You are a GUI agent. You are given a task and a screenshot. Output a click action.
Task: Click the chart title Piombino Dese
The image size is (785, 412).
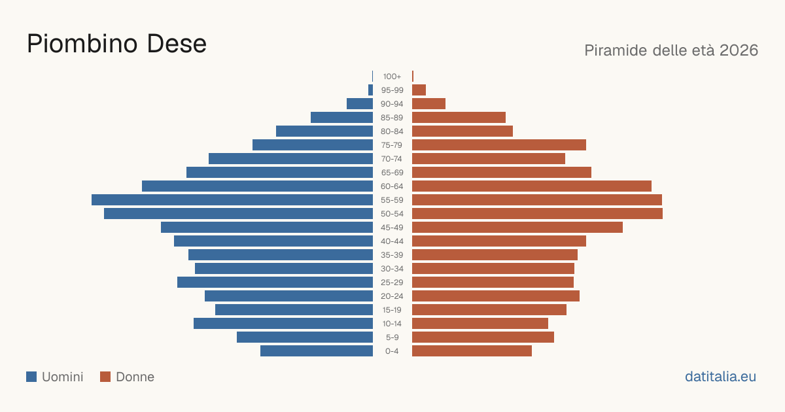[116, 44]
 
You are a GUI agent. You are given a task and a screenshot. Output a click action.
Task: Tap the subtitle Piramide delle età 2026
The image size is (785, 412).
[671, 50]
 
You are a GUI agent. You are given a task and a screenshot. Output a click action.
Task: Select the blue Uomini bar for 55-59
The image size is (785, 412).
[232, 199]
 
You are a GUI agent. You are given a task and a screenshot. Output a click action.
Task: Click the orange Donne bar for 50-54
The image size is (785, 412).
[537, 214]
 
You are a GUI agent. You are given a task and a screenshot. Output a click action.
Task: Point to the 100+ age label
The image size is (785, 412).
[392, 77]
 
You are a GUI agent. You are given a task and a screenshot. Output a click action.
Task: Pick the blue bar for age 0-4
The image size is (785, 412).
[317, 351]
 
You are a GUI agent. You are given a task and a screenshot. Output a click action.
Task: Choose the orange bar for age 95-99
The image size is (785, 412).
[419, 90]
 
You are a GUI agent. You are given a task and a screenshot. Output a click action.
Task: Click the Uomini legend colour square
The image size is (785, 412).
[31, 377]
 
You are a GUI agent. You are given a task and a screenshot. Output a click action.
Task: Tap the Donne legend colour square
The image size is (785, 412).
[105, 377]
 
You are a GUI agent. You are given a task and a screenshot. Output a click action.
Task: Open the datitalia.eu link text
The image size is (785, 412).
[720, 377]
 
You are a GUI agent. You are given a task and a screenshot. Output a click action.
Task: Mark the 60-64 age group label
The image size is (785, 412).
[392, 186]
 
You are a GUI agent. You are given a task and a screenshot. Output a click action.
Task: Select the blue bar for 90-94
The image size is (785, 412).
[360, 104]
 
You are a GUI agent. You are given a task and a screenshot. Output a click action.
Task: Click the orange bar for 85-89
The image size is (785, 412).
[459, 117]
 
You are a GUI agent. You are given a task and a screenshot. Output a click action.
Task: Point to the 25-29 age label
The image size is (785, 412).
[392, 283]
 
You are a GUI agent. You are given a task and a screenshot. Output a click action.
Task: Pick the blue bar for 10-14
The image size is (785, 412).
[283, 323]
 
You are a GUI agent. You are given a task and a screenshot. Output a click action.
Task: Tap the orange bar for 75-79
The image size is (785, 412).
[499, 145]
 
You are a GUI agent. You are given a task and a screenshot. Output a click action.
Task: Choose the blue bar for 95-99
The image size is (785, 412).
[370, 90]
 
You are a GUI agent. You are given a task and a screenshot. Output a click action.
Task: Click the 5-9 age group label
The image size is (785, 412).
[392, 337]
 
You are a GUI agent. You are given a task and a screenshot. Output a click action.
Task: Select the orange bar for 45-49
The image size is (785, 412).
[517, 228]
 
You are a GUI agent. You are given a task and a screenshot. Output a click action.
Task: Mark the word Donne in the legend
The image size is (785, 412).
[135, 377]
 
